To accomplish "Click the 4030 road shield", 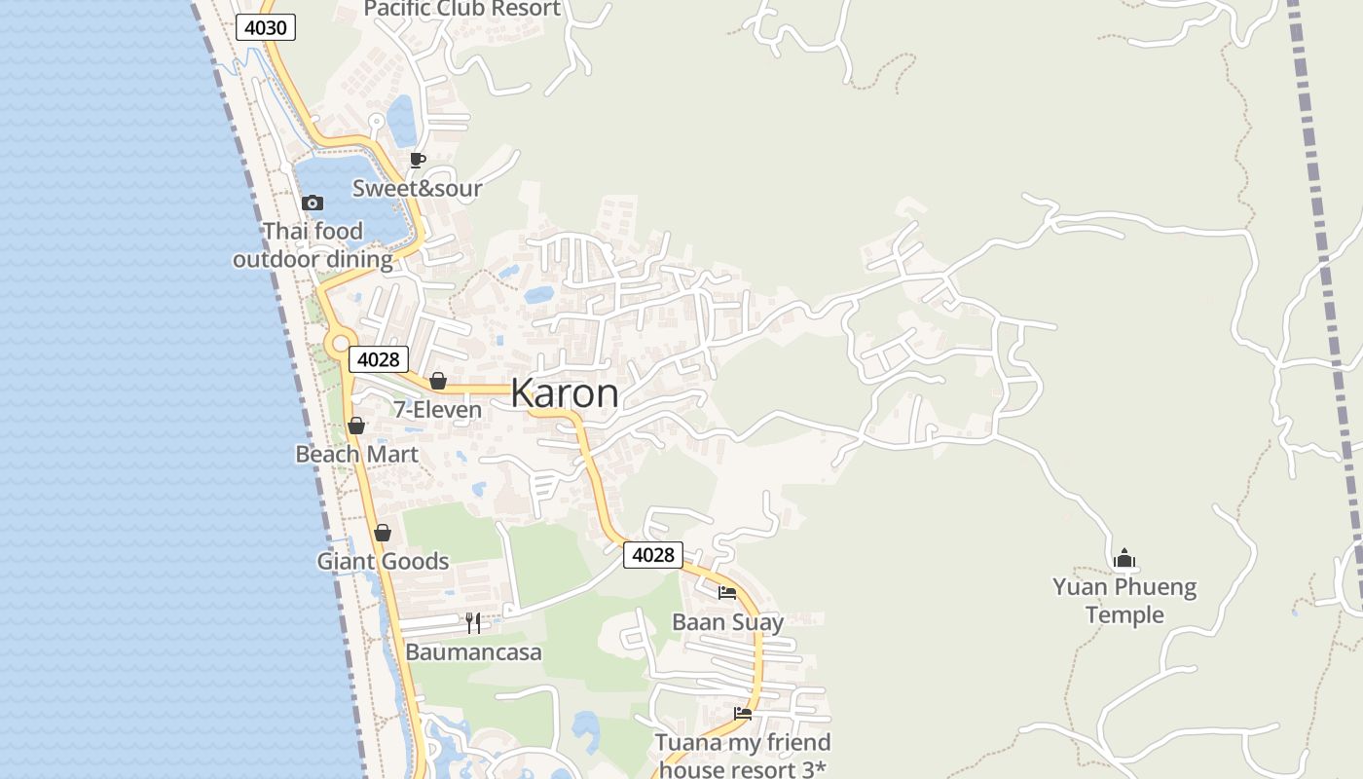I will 265,27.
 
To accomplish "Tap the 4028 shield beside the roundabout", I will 378,359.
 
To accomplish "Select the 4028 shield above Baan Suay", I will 652,555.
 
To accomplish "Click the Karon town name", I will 565,393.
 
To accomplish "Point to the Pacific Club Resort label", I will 462,10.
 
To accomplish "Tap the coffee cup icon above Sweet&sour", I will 418,161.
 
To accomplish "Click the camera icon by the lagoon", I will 313,204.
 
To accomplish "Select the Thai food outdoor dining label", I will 313,245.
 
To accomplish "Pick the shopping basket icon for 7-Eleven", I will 438,381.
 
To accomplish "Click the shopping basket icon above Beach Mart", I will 356,426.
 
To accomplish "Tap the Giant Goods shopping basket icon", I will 383,533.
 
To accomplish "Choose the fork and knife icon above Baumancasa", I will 473,623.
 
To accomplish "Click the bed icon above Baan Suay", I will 727,593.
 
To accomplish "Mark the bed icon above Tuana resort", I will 743,714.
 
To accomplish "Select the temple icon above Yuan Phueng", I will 1124,559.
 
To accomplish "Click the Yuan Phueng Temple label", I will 1124,601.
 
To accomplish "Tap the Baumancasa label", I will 473,652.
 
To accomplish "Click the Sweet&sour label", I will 417,188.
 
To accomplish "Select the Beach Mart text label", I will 356,455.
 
